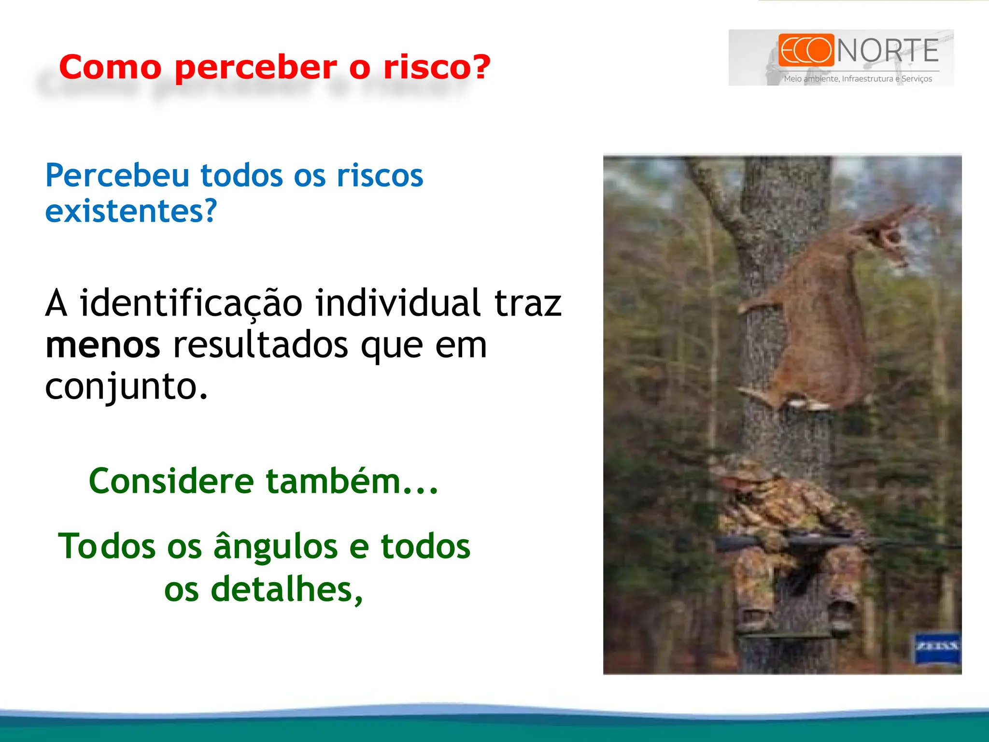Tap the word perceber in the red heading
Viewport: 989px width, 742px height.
(x=256, y=68)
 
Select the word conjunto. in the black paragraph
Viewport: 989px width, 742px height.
(x=127, y=386)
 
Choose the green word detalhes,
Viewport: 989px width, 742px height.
(x=287, y=590)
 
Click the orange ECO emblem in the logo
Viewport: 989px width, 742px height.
(x=805, y=50)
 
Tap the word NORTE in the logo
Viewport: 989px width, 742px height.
(x=888, y=51)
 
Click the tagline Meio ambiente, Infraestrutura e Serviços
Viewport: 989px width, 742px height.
(x=858, y=79)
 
